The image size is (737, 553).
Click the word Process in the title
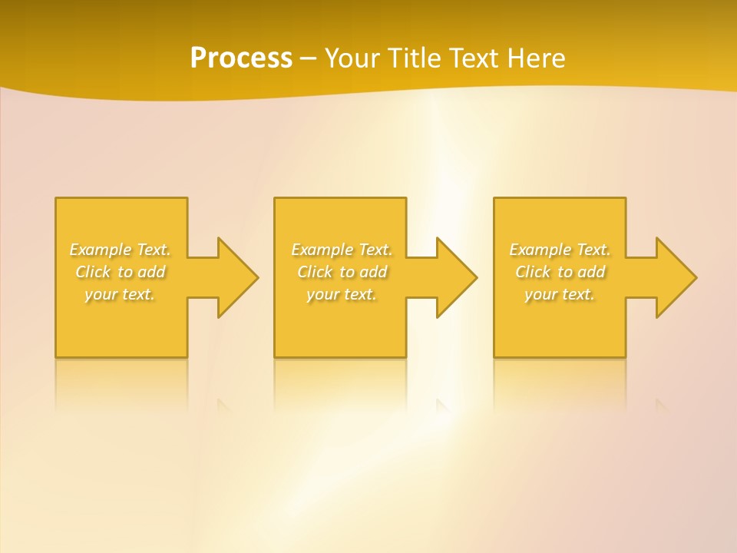point(241,58)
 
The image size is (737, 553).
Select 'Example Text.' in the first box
point(120,250)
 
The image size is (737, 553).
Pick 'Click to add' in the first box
point(121,272)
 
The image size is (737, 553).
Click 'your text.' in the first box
point(120,294)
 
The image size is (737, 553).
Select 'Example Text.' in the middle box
point(342,250)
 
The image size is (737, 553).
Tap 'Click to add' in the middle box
point(342,272)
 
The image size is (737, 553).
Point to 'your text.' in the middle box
point(342,294)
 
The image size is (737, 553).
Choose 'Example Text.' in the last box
point(560,250)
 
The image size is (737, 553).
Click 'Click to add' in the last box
point(560,272)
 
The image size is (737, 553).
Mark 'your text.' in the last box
point(560,294)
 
